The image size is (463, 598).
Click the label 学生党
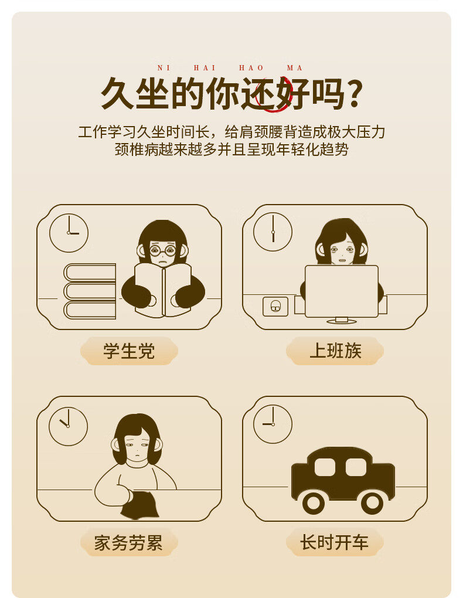129,351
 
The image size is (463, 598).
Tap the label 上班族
335,351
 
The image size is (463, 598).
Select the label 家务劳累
128,543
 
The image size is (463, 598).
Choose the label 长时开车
335,542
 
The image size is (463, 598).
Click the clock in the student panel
69,233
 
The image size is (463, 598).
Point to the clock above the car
273,424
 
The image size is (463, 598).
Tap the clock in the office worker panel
273,232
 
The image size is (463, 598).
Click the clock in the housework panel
68,426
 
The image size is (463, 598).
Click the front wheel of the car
314,503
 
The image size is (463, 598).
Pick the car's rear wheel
372,503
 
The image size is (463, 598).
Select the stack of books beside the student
90,291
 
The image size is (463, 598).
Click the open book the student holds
164,290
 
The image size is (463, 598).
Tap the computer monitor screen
342,291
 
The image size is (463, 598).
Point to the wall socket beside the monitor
275,307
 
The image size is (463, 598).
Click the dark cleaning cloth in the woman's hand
140,505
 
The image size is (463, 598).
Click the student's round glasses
163,251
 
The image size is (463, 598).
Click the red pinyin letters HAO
251,68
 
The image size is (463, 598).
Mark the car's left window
325,467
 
